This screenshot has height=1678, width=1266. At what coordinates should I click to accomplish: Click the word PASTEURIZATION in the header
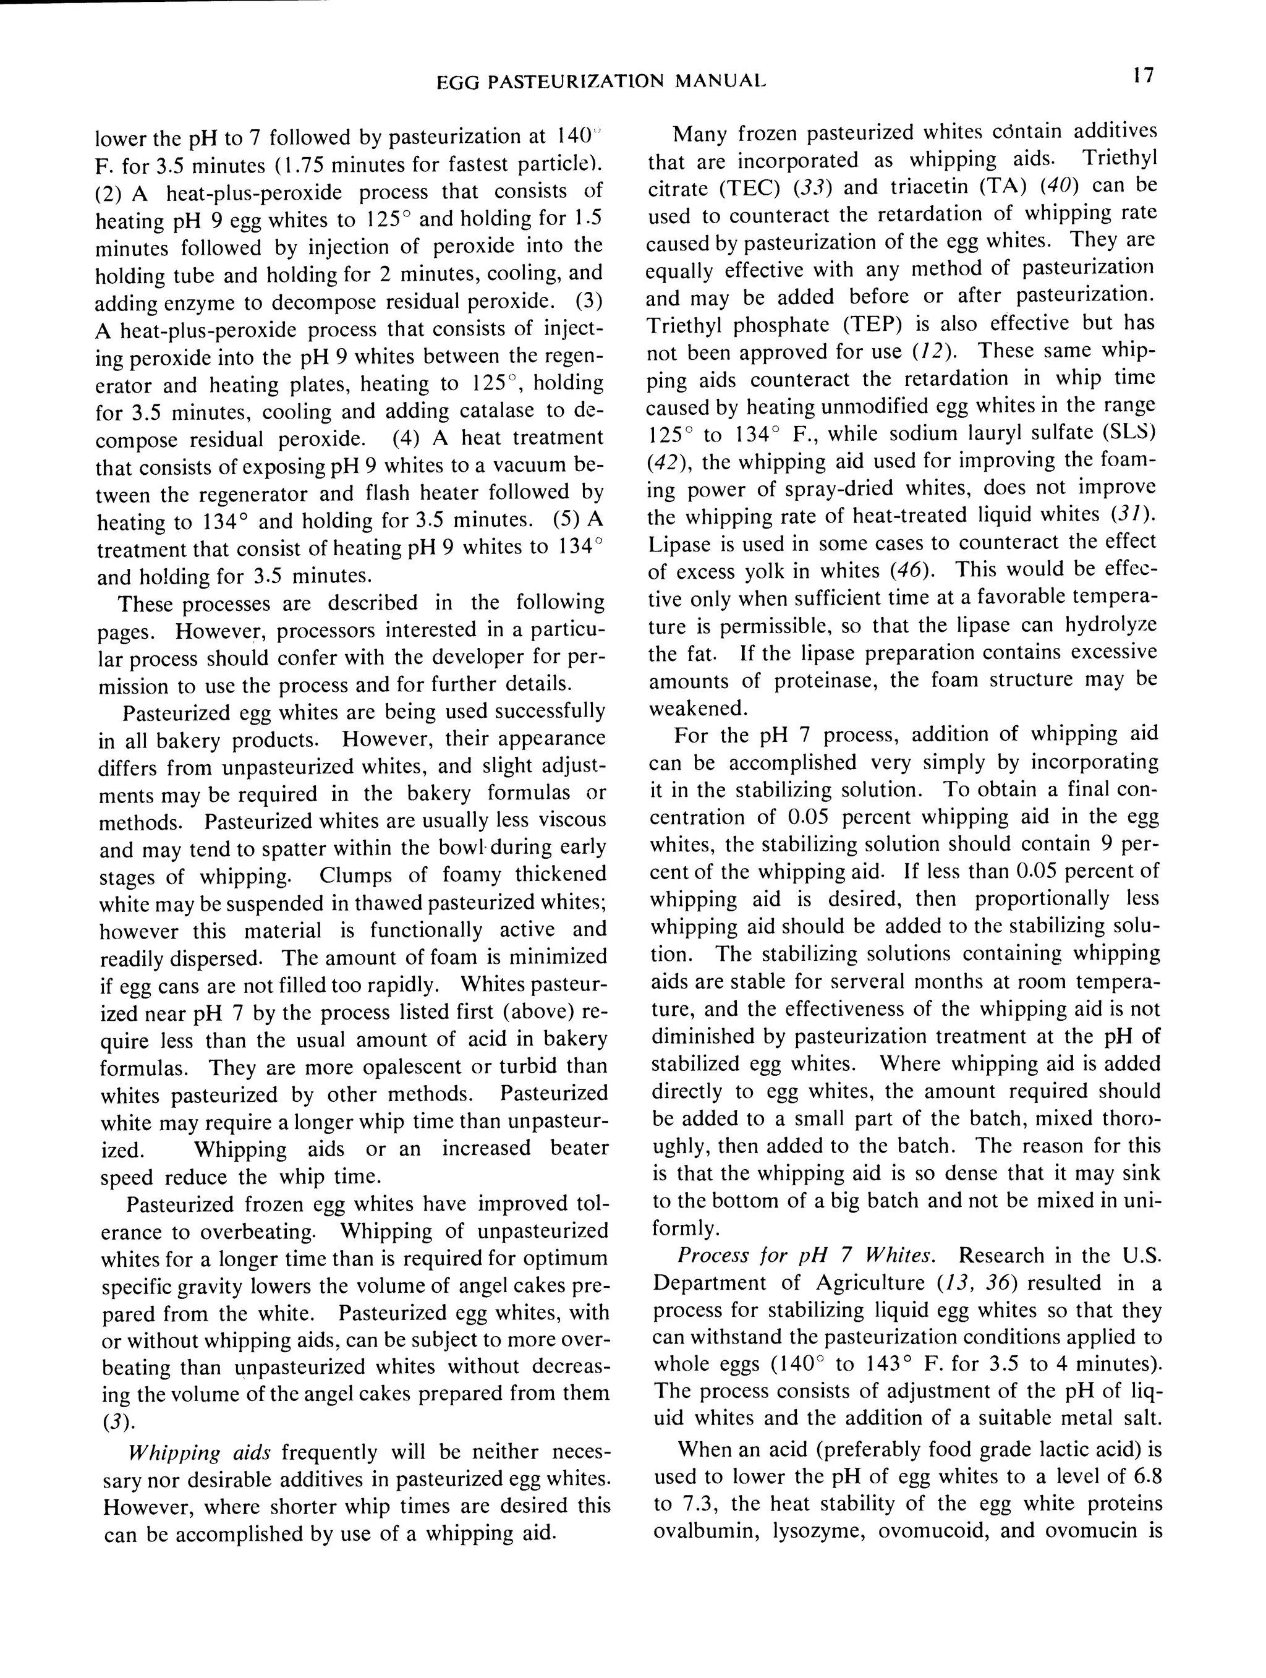click(577, 80)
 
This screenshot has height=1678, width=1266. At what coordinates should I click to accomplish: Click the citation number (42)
click(665, 462)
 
